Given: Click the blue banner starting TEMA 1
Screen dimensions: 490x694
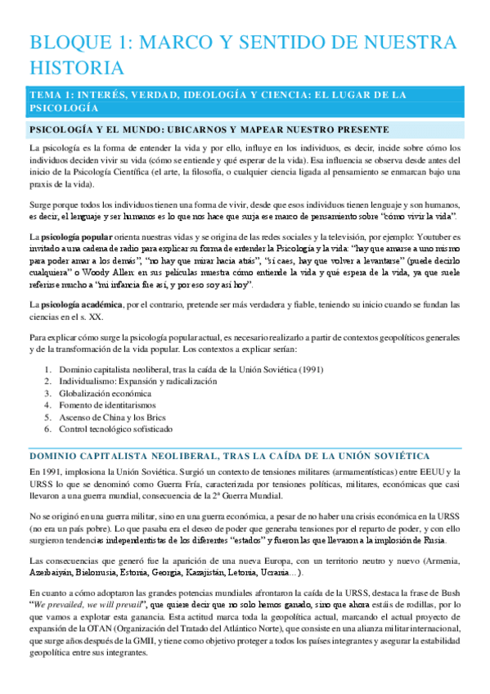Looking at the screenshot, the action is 217,101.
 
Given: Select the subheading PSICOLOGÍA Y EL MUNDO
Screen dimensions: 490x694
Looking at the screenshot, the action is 209,130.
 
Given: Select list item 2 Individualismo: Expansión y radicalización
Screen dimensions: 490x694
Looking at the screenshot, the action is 137,382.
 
